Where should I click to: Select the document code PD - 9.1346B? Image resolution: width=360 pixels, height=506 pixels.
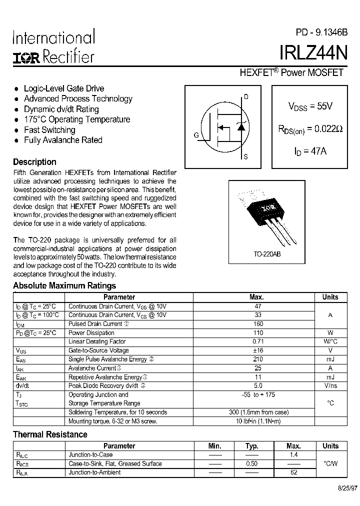[x=321, y=32]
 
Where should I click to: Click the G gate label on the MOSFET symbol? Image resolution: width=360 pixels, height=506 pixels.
[x=196, y=135]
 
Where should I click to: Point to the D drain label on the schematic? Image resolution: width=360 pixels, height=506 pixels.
[x=245, y=96]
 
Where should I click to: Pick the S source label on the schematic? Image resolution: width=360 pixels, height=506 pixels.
[x=245, y=157]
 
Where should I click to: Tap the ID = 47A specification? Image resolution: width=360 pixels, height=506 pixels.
[x=310, y=150]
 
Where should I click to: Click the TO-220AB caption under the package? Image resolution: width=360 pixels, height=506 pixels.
[x=267, y=254]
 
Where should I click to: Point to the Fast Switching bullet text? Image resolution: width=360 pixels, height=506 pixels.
[x=49, y=130]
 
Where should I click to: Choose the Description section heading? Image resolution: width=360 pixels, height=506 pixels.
[x=34, y=162]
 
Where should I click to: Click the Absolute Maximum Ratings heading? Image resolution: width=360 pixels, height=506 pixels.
[x=64, y=286]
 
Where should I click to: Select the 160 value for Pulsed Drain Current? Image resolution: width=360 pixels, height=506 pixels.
[x=258, y=324]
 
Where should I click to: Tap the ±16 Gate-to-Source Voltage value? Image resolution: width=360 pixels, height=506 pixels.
[x=258, y=350]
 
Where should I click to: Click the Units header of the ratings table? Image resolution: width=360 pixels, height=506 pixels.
[x=330, y=297]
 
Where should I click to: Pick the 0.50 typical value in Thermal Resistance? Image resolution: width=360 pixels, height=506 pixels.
[x=252, y=463]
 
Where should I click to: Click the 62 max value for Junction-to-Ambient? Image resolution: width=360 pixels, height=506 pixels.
[x=293, y=472]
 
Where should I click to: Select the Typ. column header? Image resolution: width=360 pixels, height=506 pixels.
[x=252, y=446]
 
